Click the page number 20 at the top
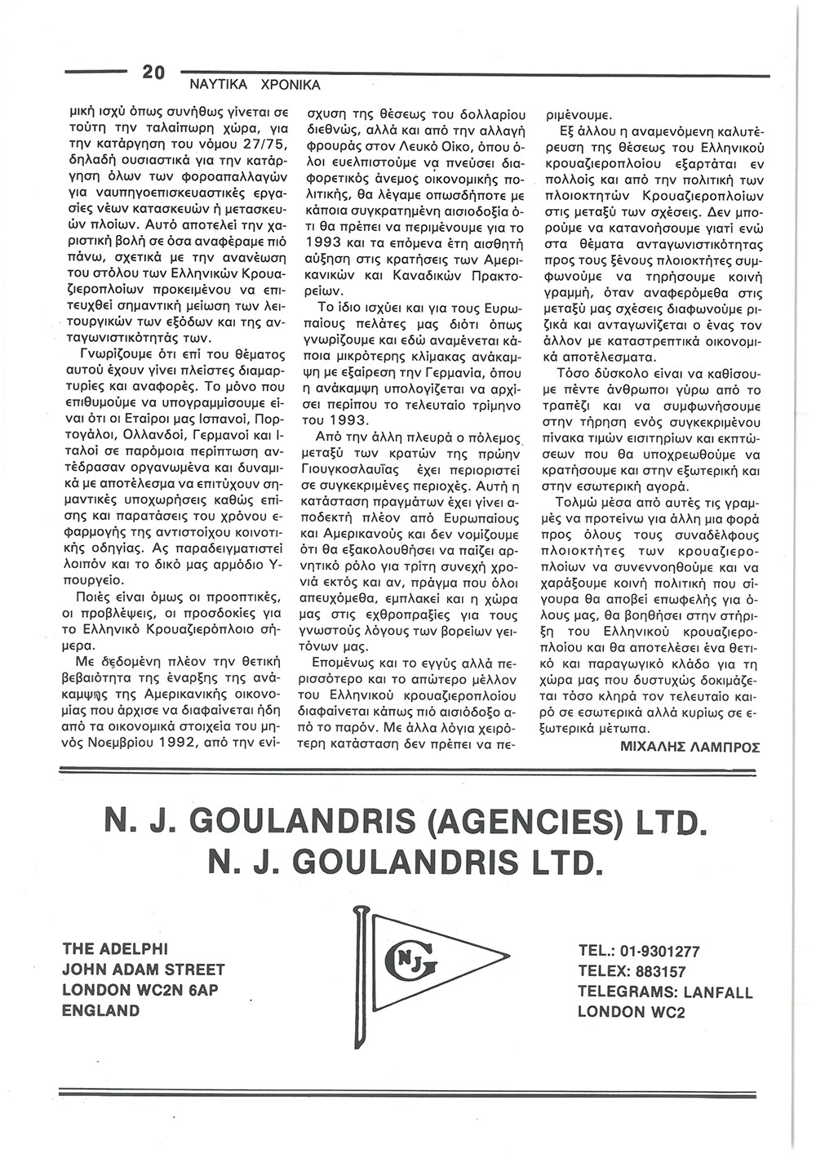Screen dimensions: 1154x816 153,73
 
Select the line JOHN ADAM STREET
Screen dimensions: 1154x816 144,970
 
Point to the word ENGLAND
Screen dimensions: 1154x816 101,1010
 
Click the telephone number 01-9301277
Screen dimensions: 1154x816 659,951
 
